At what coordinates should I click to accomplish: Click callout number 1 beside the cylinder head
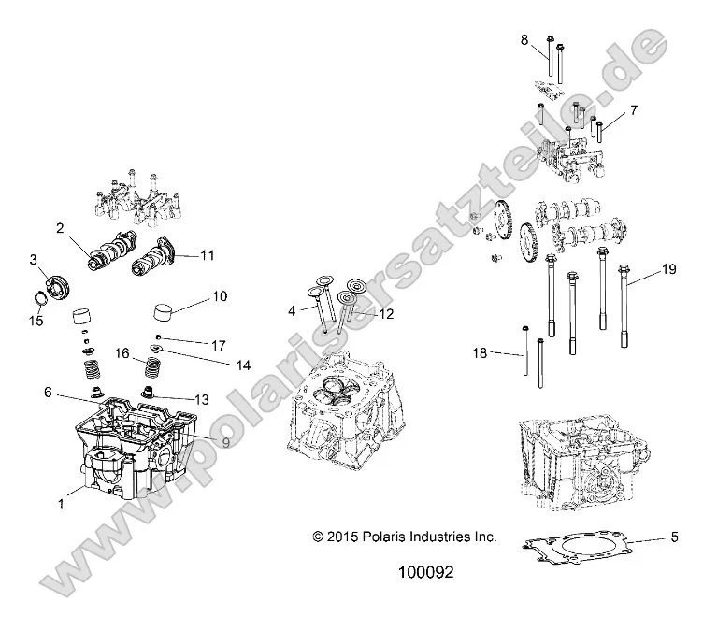tap(63, 504)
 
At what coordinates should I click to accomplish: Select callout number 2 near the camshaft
tap(60, 228)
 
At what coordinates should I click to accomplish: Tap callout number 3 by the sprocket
tap(33, 259)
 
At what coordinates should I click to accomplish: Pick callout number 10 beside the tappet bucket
tap(220, 296)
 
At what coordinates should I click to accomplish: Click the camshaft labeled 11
tap(154, 254)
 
